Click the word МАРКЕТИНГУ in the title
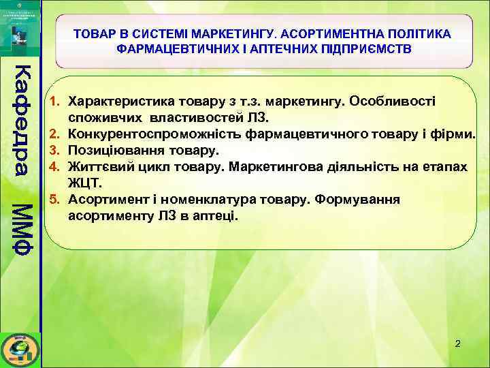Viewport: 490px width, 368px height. tap(226, 34)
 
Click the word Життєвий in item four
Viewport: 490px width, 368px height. tap(96, 166)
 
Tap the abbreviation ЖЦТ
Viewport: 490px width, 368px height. tap(85, 183)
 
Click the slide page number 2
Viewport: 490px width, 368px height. tap(457, 343)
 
